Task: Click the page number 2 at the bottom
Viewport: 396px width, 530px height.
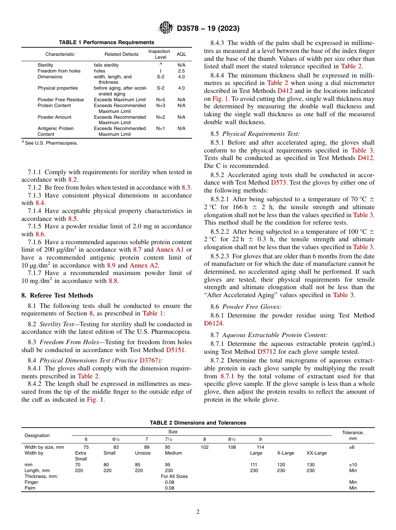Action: point(198,512)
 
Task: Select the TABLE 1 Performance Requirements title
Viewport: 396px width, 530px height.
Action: point(106,42)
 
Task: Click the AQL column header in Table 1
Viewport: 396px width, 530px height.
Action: point(181,54)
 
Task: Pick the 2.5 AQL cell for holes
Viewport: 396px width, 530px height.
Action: point(181,71)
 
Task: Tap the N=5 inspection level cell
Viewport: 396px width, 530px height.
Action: point(160,100)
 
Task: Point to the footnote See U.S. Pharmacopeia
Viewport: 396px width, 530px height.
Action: point(50,143)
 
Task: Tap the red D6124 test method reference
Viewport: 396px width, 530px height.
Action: point(213,323)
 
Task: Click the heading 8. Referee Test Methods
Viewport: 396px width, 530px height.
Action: point(57,295)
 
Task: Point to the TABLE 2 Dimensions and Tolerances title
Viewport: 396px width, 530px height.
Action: point(198,423)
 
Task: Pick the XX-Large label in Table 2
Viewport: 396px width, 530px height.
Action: point(316,453)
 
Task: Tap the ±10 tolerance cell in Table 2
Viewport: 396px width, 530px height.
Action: point(353,465)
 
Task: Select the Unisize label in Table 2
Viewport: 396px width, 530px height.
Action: point(143,453)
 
